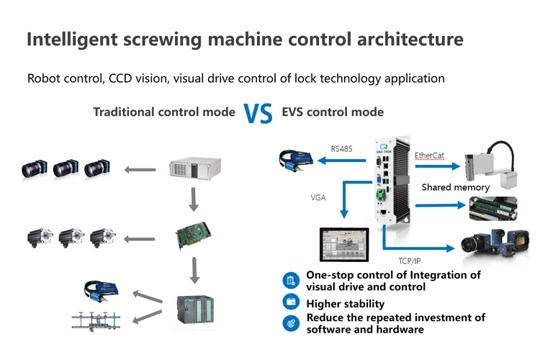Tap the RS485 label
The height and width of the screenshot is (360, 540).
[341, 149]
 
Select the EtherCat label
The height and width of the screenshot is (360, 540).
[430, 155]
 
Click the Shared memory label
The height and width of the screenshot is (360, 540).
[455, 187]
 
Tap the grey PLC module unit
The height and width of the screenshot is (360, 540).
[194, 310]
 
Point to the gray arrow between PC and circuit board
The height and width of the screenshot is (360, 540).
[193, 200]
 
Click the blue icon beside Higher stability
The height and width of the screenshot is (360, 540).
[290, 304]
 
